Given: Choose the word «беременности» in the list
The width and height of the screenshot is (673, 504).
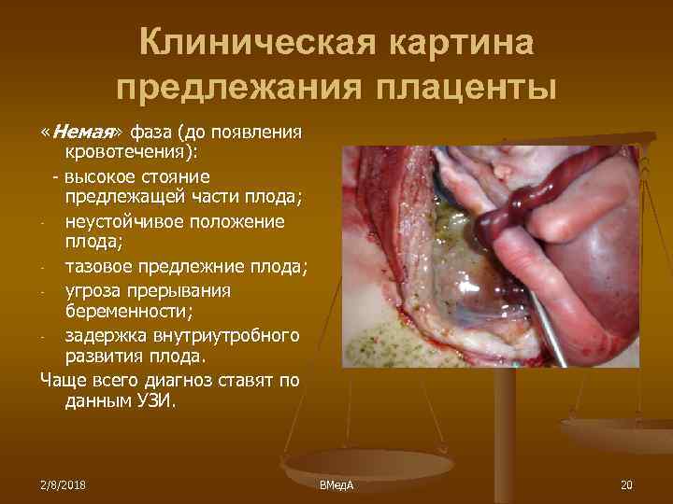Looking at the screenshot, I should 122,313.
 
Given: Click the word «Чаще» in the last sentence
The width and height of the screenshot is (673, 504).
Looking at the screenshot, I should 63,381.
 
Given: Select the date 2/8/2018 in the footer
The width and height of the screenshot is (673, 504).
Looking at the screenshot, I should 64,485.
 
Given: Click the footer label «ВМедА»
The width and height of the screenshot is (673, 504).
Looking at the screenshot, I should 336,485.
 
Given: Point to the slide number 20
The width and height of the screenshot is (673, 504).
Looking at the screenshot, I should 625,485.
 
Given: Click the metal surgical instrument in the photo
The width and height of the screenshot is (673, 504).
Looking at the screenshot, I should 551,336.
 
